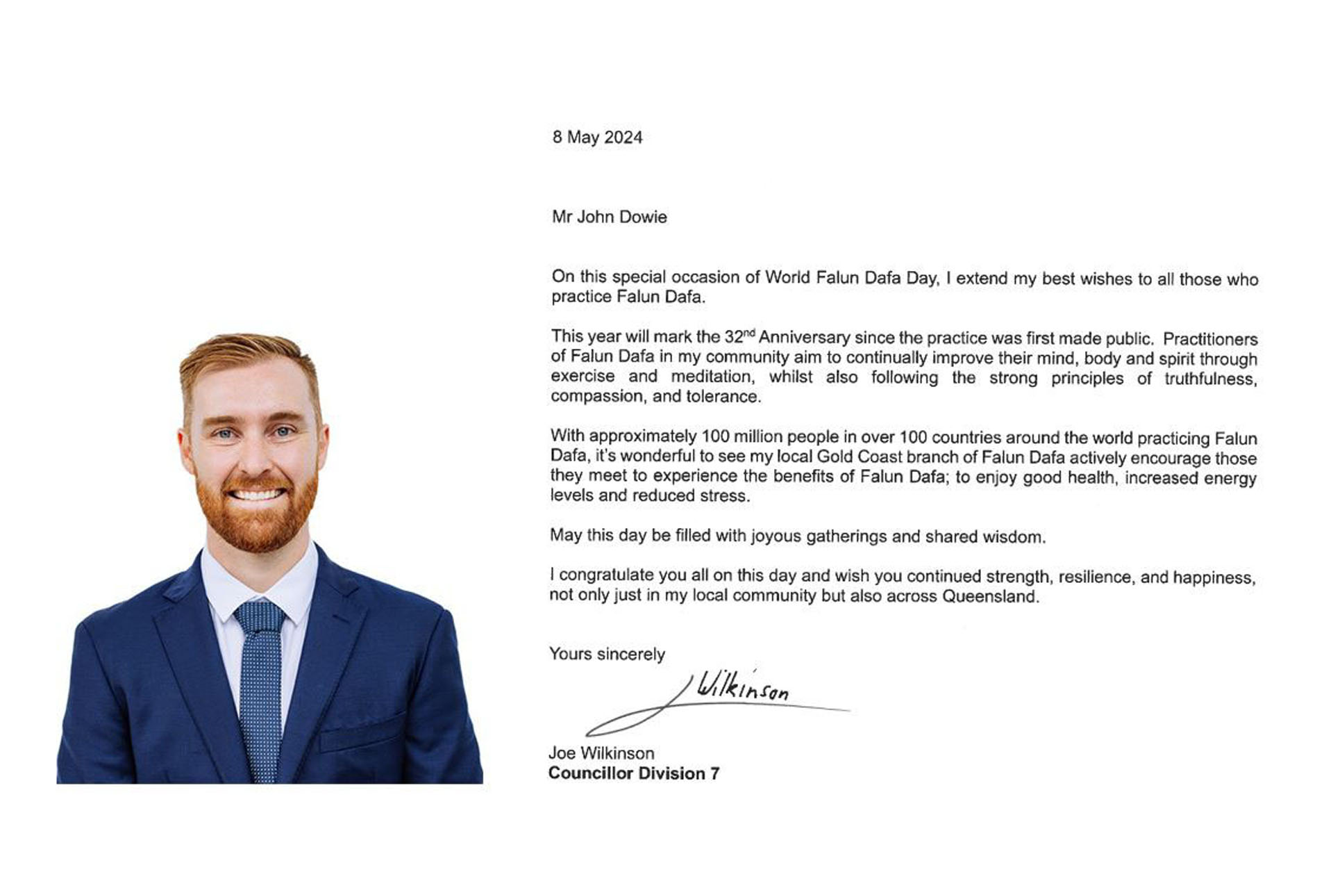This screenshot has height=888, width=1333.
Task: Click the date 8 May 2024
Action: point(597,138)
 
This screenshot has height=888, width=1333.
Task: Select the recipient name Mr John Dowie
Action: point(609,217)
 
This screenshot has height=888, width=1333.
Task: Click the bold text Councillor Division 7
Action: point(633,773)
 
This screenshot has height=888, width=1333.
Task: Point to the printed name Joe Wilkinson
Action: point(601,753)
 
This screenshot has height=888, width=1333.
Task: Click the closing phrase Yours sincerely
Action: point(607,654)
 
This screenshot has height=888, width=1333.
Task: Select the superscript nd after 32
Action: point(748,333)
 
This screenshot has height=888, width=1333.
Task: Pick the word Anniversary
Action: point(804,338)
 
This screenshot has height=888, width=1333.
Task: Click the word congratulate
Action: point(607,575)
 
